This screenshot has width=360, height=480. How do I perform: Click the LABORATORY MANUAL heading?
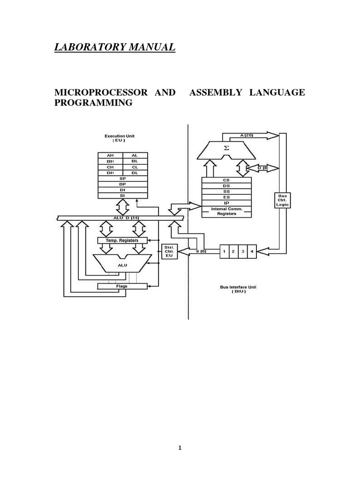(x=115, y=47)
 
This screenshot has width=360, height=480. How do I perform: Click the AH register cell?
(x=110, y=155)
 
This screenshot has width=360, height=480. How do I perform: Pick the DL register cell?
(x=135, y=172)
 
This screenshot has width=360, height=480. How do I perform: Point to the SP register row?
(x=122, y=179)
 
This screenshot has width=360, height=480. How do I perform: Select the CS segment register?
(x=226, y=180)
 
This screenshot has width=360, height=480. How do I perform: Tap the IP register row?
(x=226, y=203)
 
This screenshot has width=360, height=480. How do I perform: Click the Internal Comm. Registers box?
(x=226, y=211)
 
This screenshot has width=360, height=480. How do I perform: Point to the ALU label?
(x=122, y=264)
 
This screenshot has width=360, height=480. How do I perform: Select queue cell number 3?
(x=242, y=251)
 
